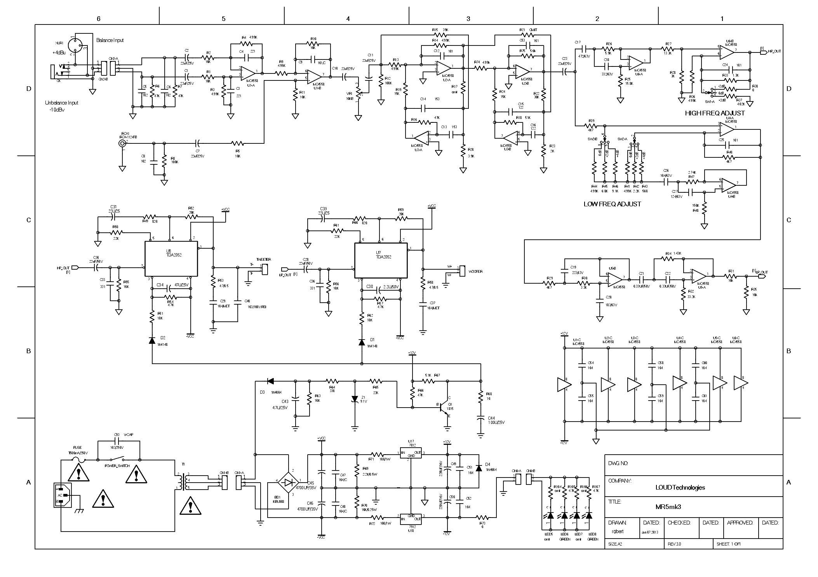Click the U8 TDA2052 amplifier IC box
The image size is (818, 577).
tap(171, 258)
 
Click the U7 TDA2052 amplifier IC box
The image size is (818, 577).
tap(381, 260)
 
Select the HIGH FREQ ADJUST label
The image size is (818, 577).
tap(715, 113)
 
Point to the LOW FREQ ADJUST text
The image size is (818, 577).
tap(612, 204)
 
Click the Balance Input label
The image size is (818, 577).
tap(110, 40)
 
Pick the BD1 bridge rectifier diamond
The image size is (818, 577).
tap(288, 482)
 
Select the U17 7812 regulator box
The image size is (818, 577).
tap(411, 453)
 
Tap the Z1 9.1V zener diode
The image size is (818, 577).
tap(354, 399)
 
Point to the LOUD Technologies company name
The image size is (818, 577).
tap(680, 487)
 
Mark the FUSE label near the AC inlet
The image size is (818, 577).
tap(77, 448)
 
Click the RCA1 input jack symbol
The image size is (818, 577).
tap(123, 143)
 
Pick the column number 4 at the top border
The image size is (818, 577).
tap(348, 18)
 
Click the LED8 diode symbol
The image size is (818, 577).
tap(589, 516)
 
